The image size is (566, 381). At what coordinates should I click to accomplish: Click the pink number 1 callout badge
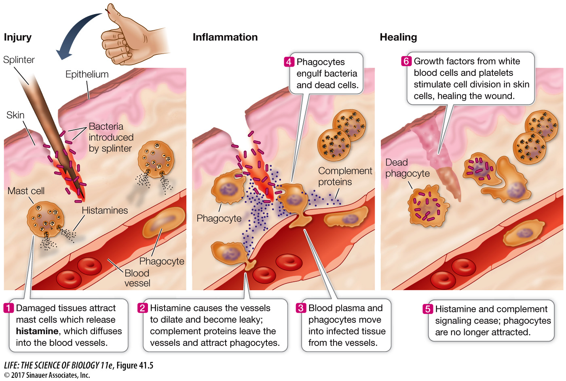point(8,308)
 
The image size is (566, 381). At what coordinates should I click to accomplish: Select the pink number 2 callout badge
point(142,308)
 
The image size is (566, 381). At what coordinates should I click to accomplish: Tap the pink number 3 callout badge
point(301,308)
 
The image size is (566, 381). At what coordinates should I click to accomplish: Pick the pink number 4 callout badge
point(289,62)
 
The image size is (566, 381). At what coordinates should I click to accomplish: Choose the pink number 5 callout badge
point(428,309)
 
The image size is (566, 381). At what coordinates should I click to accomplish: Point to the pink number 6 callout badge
point(406,61)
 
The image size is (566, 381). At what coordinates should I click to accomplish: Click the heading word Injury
point(18,38)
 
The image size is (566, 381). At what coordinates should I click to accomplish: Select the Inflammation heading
point(225,37)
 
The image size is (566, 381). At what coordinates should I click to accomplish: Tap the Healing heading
point(399,38)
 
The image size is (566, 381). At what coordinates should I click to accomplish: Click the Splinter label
point(19,60)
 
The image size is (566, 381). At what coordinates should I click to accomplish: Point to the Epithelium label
point(87,74)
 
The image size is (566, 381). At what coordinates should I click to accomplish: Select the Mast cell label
point(26,191)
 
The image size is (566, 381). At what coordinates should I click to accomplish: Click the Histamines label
point(105,210)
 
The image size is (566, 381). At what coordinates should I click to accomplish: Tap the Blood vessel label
point(137,278)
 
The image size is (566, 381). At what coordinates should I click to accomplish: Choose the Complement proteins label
point(345,176)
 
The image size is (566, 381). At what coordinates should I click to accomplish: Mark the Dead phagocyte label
point(408,168)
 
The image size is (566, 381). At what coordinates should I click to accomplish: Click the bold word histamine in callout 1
point(37,331)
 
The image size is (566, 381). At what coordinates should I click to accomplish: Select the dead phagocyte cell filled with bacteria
point(428,206)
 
